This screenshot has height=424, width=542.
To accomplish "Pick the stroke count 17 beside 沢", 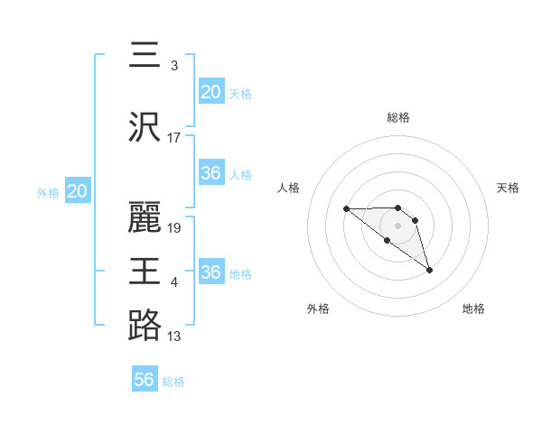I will click(x=174, y=137).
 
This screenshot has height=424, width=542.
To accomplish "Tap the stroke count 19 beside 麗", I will click(x=174, y=227).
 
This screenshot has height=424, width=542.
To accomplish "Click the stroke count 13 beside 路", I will click(x=174, y=336).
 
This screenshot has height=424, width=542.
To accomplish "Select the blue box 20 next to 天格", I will click(x=211, y=92).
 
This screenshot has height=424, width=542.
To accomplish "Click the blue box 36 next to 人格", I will click(x=211, y=173).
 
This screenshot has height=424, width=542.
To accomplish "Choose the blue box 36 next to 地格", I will click(x=211, y=272).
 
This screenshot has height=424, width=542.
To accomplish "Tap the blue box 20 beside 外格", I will click(x=78, y=191).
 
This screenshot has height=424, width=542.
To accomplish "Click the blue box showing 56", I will click(x=145, y=381).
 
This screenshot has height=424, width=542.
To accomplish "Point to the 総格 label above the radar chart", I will click(x=398, y=117).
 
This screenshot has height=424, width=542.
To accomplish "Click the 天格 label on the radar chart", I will click(x=509, y=188).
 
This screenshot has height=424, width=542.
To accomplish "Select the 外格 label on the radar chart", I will click(x=318, y=309).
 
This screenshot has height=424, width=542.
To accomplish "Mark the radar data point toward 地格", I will click(x=429, y=270).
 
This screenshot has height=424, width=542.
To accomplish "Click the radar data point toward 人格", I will click(x=346, y=209).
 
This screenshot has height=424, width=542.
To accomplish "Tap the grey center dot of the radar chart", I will click(x=398, y=226).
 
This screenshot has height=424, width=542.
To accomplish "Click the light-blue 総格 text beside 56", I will click(x=173, y=382).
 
